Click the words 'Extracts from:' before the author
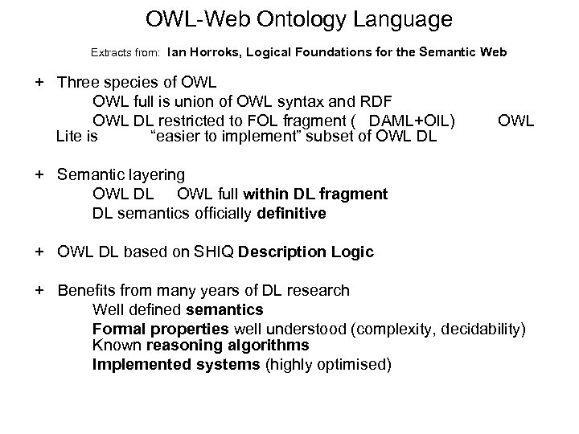tap(126, 53)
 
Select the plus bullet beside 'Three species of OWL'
tap(39, 83)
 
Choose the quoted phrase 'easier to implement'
tap(226, 136)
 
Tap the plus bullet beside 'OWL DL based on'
tap(39, 252)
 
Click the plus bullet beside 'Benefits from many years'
tap(39, 290)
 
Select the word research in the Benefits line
tap(319, 290)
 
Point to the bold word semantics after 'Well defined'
tap(224, 309)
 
